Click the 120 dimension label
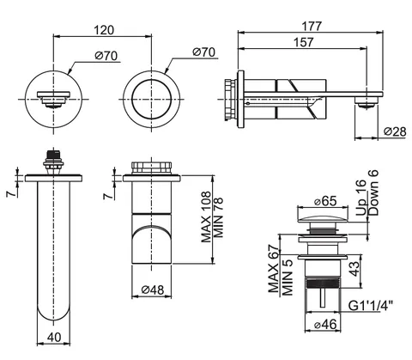104,30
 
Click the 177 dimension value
312,27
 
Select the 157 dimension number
304,42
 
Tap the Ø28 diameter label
395,131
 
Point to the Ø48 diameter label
153,290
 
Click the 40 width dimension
54,337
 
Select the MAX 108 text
206,217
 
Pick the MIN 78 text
218,217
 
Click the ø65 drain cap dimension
325,201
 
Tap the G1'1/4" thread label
371,306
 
